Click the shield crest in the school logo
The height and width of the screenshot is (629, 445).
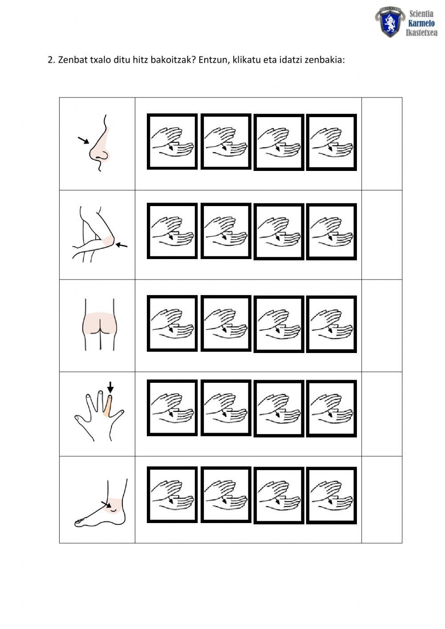pos(390,22)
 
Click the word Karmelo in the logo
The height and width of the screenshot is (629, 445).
pos(421,23)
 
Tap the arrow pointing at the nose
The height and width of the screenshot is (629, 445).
pos(83,140)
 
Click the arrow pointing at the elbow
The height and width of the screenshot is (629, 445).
pos(121,245)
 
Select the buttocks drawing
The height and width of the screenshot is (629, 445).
pos(99,325)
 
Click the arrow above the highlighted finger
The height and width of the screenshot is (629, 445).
pos(110,387)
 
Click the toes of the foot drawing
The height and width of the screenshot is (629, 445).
pos(80,522)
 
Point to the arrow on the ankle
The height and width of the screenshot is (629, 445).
pos(106,504)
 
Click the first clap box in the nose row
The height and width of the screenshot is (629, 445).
pos(172,141)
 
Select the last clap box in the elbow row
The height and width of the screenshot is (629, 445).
pos(331,231)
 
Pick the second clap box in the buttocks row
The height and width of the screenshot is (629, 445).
pos(226,323)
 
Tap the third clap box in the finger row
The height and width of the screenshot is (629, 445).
pos(279,409)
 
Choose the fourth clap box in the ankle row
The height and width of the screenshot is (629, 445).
pos(331,495)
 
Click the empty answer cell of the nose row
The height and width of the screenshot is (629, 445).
pos(381,144)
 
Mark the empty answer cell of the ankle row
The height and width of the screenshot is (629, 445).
pos(381,499)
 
